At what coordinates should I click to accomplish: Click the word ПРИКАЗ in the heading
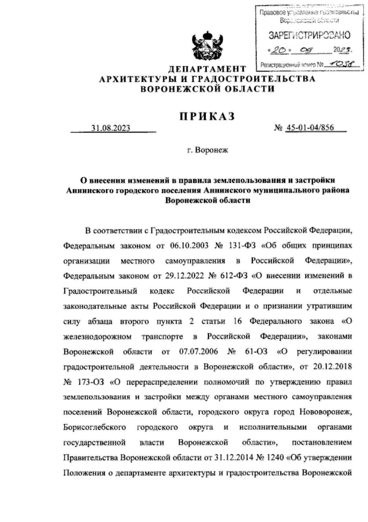click(x=207, y=116)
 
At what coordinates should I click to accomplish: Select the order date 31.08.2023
click(x=110, y=128)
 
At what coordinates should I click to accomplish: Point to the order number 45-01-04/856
click(x=309, y=128)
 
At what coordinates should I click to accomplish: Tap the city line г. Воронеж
click(x=208, y=151)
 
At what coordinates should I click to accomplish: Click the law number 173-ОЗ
click(x=91, y=382)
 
